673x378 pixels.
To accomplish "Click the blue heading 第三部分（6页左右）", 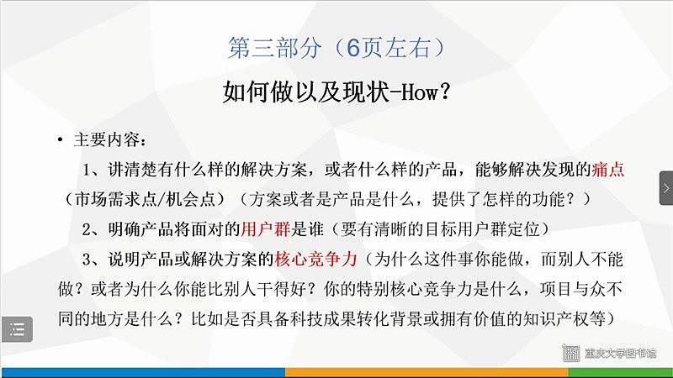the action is tap(337, 48).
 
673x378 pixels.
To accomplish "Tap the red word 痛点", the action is tap(607, 170).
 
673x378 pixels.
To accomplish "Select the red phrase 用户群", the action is tap(265, 229).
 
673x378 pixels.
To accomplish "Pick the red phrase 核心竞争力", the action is tap(315, 259).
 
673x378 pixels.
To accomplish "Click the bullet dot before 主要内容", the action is tap(60, 139).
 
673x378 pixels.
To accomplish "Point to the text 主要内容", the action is tap(107, 139).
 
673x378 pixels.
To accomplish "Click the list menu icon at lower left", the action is tap(17, 329).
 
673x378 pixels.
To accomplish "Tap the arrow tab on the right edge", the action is tap(666, 188).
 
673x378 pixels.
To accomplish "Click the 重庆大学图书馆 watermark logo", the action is tap(609, 353).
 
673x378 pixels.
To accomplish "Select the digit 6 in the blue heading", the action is tap(352, 48).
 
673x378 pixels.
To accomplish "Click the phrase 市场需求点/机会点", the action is tap(145, 199).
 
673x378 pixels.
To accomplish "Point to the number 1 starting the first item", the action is tap(87, 171).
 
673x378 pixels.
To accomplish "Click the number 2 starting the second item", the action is tap(87, 229).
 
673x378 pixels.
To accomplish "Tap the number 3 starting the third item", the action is tap(87, 260).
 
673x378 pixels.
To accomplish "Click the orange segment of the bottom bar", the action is tap(427, 371).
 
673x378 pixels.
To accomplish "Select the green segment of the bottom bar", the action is tap(621, 371).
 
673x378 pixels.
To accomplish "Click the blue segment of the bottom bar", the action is tap(143, 371).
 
